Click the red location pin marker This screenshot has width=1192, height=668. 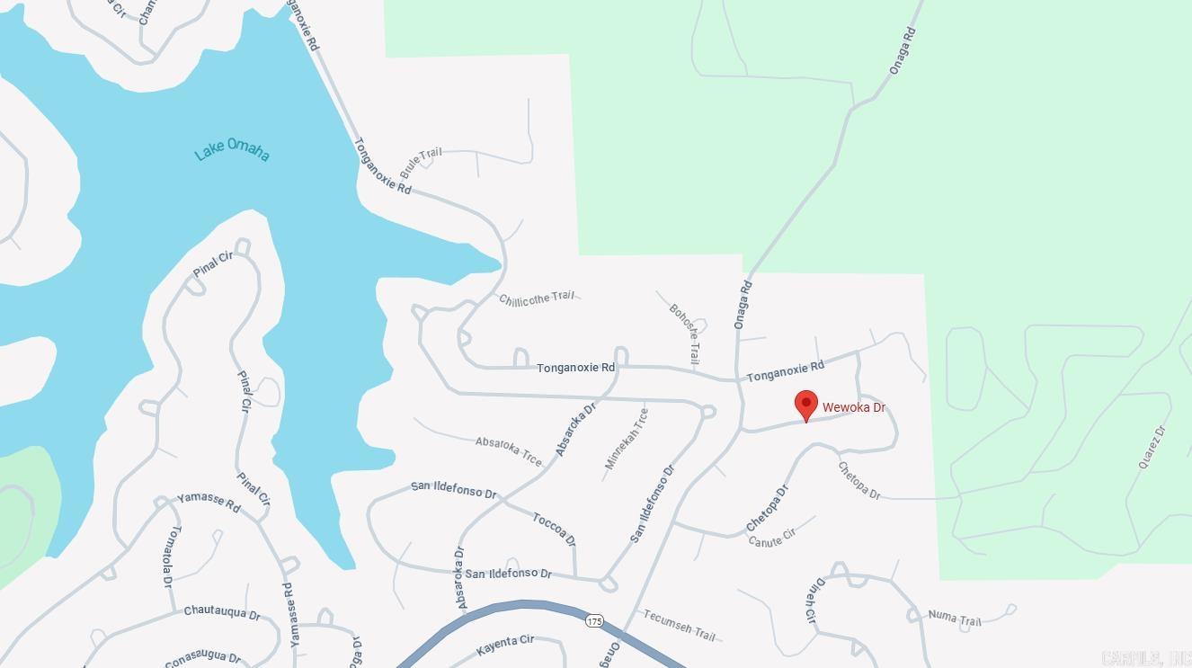pyautogui.click(x=806, y=405)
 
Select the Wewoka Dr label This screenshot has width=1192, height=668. pyautogui.click(x=853, y=407)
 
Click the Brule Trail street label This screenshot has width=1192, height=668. pyautogui.click(x=421, y=162)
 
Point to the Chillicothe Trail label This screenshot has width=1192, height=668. pyautogui.click(x=536, y=298)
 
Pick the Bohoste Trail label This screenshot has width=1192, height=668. pyautogui.click(x=685, y=333)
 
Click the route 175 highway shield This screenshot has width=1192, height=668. pyautogui.click(x=594, y=621)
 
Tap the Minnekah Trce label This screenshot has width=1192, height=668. pyautogui.click(x=627, y=439)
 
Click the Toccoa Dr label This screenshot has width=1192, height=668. pyautogui.click(x=554, y=529)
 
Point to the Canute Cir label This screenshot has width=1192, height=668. pyautogui.click(x=772, y=538)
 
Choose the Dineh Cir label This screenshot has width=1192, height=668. pyautogui.click(x=809, y=601)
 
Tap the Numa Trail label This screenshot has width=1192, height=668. pyautogui.click(x=954, y=618)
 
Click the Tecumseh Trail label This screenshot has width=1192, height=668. pyautogui.click(x=679, y=625)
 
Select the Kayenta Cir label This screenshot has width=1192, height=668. pyautogui.click(x=505, y=644)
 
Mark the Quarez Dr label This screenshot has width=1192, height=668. pyautogui.click(x=1152, y=447)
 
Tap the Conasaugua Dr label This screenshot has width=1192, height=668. pyautogui.click(x=202, y=658)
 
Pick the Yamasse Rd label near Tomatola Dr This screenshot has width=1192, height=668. pyautogui.click(x=209, y=503)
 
